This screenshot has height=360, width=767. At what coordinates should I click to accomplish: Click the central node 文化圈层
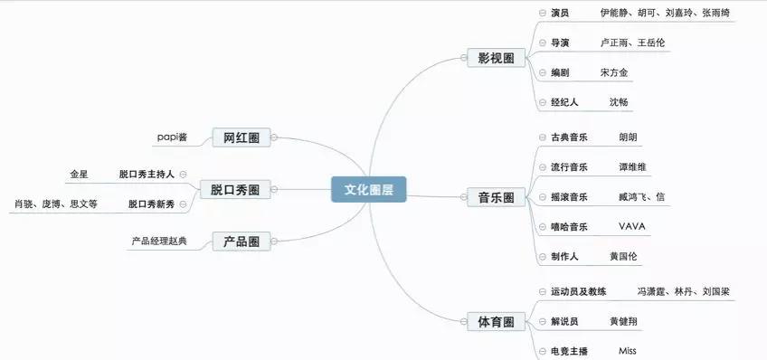(x=368, y=189)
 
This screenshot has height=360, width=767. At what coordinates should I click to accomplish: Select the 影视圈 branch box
(x=496, y=58)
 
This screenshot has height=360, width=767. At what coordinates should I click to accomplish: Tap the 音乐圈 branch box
(x=496, y=197)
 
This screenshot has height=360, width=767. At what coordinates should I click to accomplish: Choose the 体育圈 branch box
(x=496, y=321)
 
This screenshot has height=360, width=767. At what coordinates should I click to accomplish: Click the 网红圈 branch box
(x=241, y=137)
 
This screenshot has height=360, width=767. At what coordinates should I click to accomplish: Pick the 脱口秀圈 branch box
(x=234, y=189)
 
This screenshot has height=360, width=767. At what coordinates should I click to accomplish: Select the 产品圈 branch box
(x=241, y=242)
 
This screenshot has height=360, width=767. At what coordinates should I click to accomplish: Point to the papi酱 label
(x=170, y=137)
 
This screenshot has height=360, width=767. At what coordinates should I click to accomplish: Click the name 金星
(x=79, y=173)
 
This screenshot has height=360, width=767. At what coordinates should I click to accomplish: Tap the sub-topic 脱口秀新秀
(x=151, y=204)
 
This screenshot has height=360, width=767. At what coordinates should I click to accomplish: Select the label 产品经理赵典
(x=159, y=242)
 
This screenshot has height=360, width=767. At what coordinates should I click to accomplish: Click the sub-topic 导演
(x=560, y=43)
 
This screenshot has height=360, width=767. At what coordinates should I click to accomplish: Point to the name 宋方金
(x=613, y=72)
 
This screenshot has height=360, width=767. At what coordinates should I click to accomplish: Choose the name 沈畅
(x=618, y=102)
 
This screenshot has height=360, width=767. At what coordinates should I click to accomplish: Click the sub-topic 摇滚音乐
(x=569, y=197)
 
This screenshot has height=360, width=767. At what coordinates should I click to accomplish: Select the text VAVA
(x=631, y=226)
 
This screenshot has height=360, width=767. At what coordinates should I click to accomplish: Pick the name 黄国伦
(x=623, y=257)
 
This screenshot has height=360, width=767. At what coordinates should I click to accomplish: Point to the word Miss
(x=628, y=350)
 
